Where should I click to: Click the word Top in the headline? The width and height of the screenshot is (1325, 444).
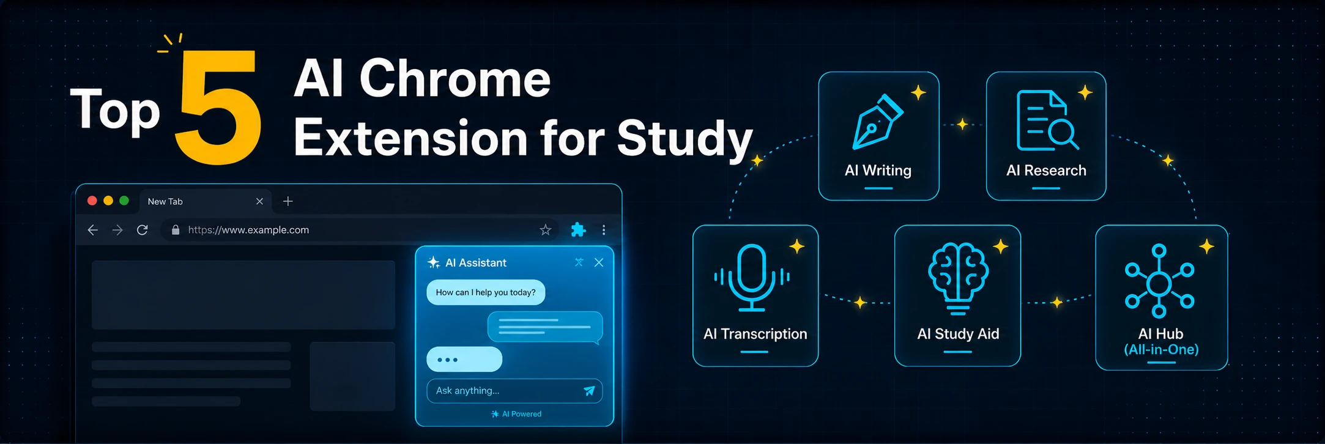click(115, 111)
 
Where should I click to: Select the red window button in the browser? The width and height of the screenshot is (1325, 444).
click(92, 201)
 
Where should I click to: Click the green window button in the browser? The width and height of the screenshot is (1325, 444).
click(124, 201)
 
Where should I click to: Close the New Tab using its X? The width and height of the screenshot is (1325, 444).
click(259, 201)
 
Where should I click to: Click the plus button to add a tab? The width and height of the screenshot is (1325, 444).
click(288, 201)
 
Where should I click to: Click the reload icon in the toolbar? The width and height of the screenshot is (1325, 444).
click(143, 230)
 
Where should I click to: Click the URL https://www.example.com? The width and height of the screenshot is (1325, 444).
click(248, 230)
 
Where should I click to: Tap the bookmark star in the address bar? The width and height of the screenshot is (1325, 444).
click(546, 230)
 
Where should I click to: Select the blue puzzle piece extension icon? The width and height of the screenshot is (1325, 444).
click(578, 230)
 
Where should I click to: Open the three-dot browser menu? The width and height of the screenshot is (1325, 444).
click(604, 230)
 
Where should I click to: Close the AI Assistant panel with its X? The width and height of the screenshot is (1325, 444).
click(599, 262)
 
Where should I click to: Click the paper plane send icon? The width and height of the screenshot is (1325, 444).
click(589, 391)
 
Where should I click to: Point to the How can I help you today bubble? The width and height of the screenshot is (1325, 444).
click(486, 292)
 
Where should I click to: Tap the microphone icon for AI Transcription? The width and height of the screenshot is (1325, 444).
click(752, 278)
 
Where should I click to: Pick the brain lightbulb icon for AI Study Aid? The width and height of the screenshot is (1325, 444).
click(958, 279)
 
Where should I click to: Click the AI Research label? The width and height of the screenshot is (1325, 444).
click(1046, 171)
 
